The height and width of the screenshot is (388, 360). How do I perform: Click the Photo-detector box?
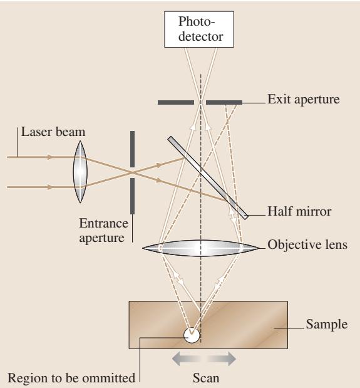tap(199, 29)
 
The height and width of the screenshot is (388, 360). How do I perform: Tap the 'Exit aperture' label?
tap(304, 100)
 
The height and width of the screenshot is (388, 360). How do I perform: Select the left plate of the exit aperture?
tap(176, 102)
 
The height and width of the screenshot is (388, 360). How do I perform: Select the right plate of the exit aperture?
tap(224, 102)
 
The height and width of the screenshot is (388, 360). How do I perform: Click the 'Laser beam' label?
tap(53, 132)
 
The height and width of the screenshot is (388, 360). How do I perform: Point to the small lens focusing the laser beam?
tap(80, 172)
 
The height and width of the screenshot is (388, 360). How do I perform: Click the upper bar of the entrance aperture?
tap(133, 149)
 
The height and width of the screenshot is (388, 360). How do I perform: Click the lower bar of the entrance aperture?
tap(133, 196)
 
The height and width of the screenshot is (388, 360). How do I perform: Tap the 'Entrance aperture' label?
tap(103, 231)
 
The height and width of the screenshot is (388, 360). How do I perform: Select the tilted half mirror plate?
tap(208, 177)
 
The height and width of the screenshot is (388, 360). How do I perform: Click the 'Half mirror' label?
tap(299, 212)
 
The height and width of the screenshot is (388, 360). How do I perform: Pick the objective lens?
tap(200, 248)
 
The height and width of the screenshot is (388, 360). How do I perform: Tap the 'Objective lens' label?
tap(307, 245)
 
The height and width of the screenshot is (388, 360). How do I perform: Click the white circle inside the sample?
tap(192, 335)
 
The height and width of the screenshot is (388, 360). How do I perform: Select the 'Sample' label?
tap(327, 325)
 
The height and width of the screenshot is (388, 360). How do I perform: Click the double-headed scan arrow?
tap(204, 359)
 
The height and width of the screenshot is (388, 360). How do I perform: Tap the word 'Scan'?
tap(206, 378)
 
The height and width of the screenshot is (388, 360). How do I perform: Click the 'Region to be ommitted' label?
tap(71, 378)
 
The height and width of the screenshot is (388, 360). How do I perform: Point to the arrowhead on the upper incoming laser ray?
tap(51, 157)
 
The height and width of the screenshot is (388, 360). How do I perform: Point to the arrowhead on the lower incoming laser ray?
tap(51, 187)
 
